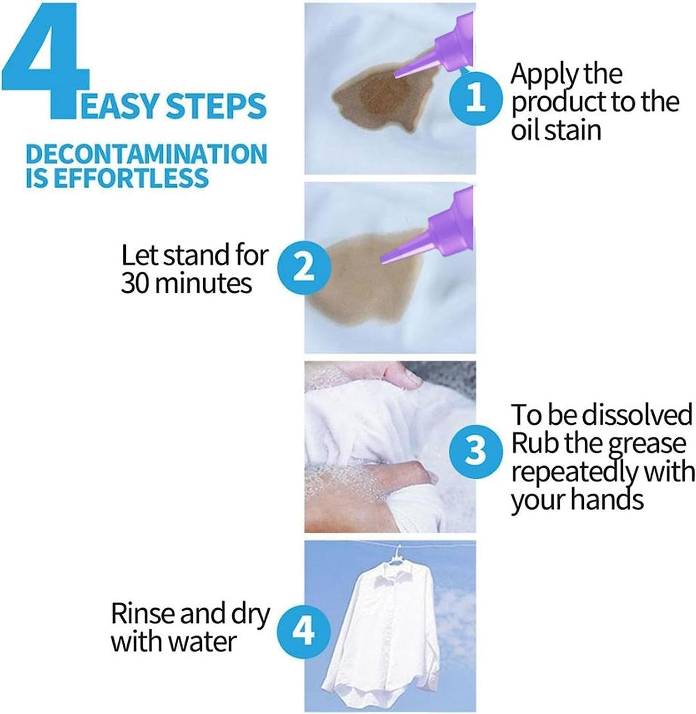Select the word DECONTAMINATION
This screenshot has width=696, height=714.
(146, 154)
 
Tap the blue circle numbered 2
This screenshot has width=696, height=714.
(303, 268)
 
